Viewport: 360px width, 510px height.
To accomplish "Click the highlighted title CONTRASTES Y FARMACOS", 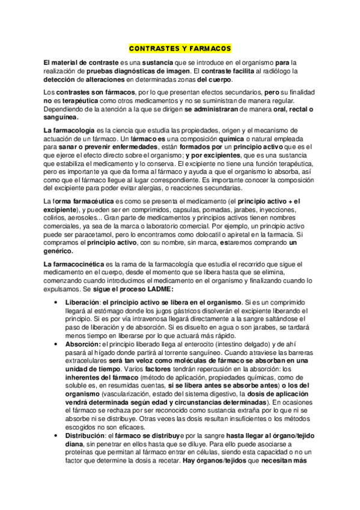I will tap(180, 48).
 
